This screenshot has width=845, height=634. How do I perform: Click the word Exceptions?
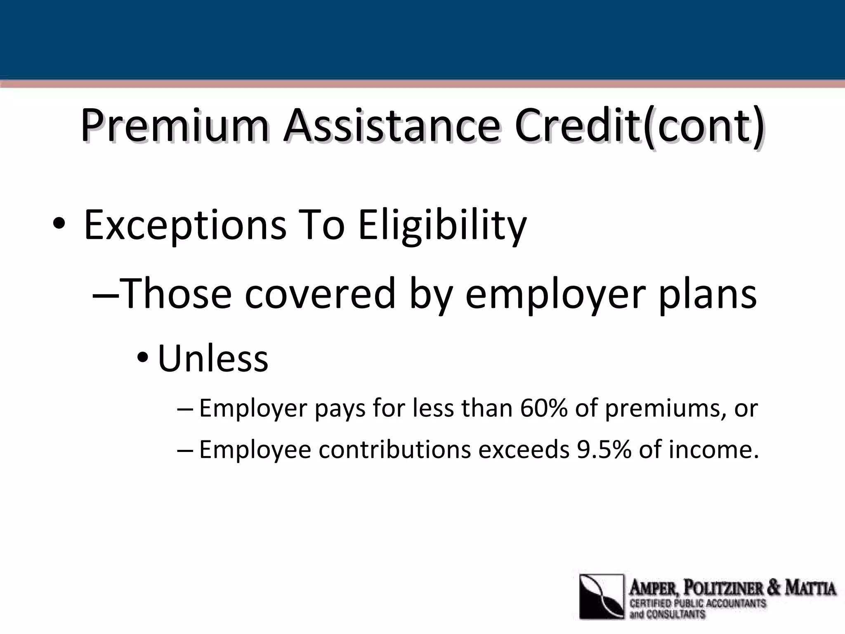[185, 226]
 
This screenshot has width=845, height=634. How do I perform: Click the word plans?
[708, 294]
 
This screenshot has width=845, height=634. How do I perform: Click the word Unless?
[213, 358]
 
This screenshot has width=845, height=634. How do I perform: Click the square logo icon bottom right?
[602, 596]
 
